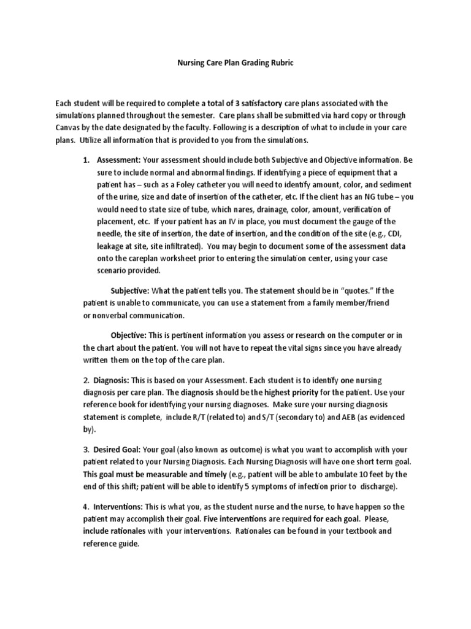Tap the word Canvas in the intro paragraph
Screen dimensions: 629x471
coord(68,127)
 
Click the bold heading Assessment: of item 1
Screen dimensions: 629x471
coord(119,160)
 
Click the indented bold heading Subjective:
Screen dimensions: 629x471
coord(129,291)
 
